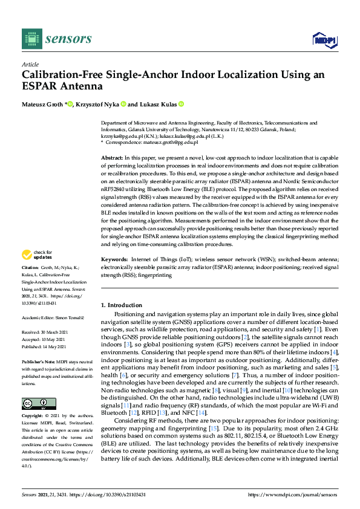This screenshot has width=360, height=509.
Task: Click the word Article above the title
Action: tap(30, 64)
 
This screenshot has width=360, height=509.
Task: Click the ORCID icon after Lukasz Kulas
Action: tap(181, 105)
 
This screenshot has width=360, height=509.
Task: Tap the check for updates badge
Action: tap(36, 271)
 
